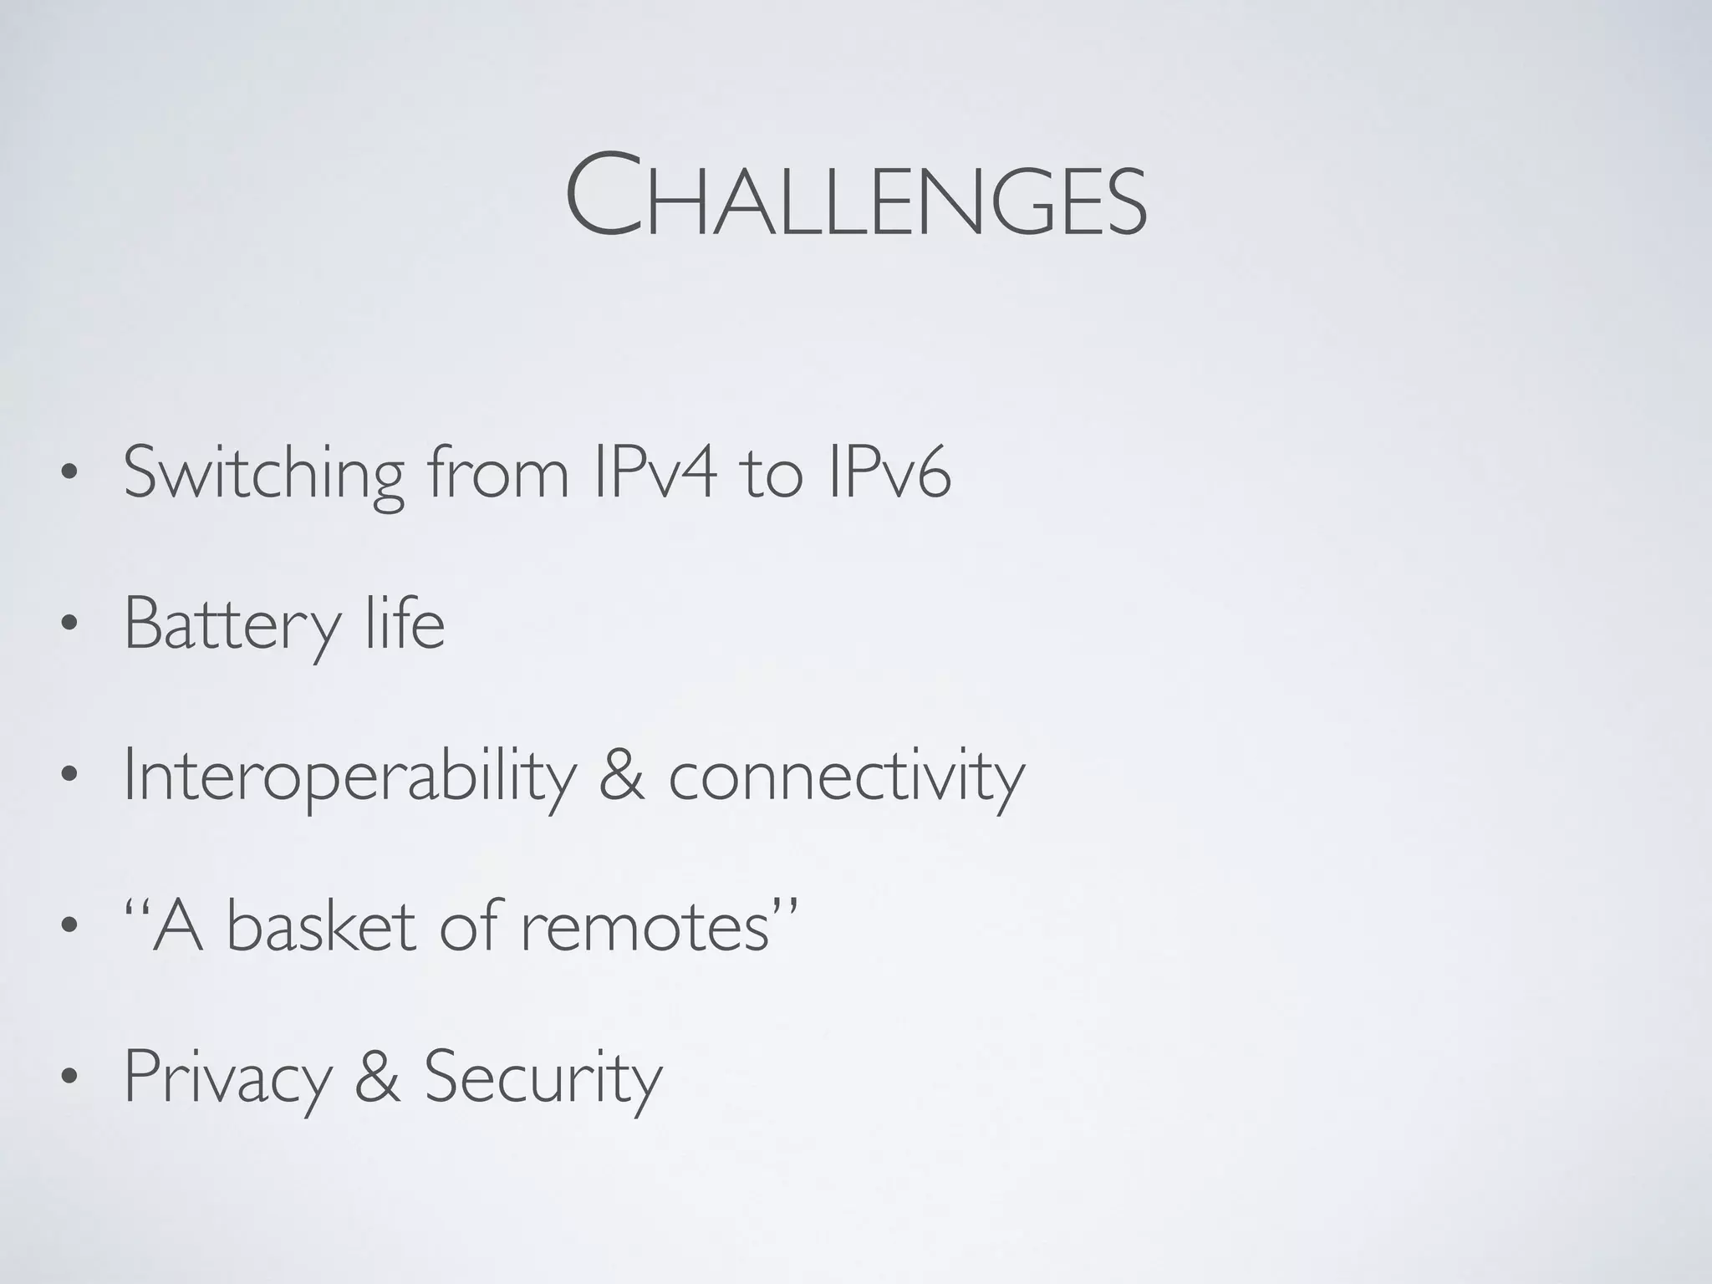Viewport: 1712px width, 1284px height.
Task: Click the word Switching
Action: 264,474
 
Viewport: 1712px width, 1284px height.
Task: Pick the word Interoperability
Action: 350,777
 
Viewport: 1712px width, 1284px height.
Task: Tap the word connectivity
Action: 846,777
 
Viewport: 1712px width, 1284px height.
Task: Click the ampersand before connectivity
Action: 622,775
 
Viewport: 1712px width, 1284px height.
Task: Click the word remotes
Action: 645,928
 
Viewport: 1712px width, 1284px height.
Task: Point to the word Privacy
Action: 228,1078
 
